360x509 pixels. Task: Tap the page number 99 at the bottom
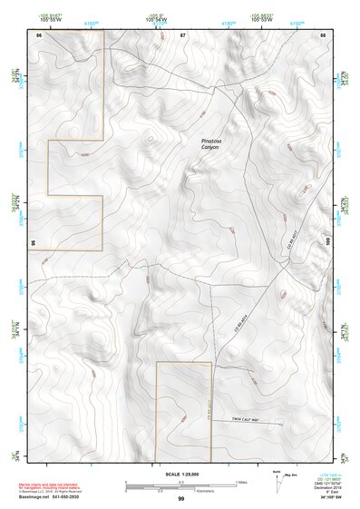180,498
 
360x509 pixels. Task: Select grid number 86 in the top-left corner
38,34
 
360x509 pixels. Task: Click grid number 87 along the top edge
182,34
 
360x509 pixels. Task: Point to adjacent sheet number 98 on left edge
33,244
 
